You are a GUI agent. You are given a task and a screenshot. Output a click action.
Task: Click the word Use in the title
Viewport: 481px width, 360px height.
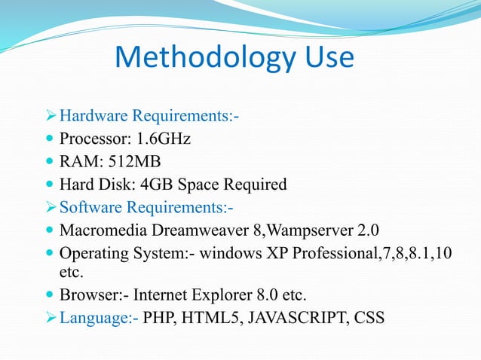click(324, 57)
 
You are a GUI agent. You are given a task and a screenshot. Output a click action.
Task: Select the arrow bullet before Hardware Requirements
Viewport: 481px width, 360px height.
click(51, 117)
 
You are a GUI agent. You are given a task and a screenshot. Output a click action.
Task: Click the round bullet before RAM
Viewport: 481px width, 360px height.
click(51, 162)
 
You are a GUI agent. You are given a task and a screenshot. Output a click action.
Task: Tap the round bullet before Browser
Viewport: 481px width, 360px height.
click(51, 294)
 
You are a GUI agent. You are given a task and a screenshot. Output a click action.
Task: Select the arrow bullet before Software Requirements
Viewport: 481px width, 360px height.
click(51, 206)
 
